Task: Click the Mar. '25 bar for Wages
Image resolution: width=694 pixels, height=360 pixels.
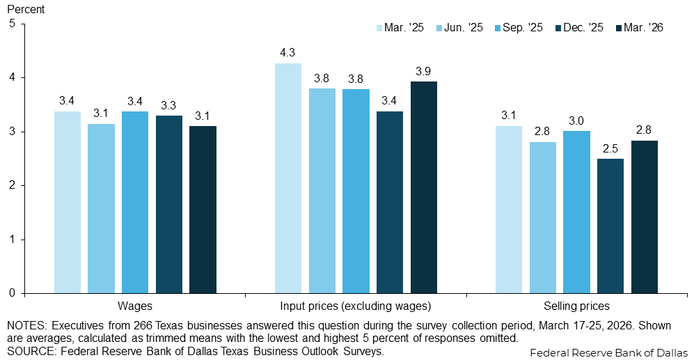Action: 68,202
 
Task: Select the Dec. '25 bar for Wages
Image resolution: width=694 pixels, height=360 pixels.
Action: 169,204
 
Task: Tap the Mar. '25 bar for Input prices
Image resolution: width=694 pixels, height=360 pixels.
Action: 288,178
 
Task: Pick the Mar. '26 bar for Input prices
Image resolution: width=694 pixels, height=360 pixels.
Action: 424,187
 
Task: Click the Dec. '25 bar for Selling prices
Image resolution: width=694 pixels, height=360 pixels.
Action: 610,226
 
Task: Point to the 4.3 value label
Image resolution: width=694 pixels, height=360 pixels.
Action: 288,52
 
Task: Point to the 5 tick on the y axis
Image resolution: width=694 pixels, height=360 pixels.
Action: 12,24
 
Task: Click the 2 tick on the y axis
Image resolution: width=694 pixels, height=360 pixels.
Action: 12,185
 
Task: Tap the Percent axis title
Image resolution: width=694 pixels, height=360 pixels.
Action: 26,10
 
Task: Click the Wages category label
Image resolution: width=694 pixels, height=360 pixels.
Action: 136,306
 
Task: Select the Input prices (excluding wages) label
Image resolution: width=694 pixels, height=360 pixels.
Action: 356,306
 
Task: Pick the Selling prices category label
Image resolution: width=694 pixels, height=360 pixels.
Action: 576,306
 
